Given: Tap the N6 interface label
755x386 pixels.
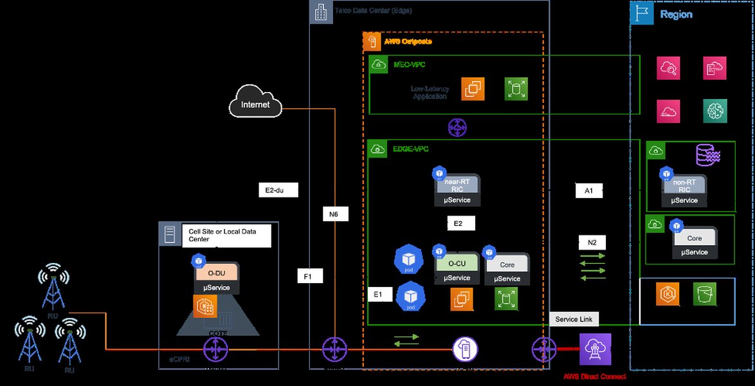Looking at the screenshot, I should pos(334,214).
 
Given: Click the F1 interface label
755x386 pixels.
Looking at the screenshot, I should pos(309,276).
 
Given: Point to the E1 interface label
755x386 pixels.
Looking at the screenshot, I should pos(379,294).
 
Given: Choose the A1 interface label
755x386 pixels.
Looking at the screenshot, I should pos(588,190).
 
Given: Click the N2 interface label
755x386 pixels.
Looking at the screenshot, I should pos(592,243).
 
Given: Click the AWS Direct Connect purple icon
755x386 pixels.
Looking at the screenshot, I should pos(595,350).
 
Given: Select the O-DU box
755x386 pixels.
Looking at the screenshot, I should pos(217,272).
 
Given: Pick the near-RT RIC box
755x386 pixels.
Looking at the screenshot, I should pos(457,185).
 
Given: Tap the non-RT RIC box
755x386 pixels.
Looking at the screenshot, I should pos(684,186).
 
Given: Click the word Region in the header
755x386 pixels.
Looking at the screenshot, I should pos(676,14).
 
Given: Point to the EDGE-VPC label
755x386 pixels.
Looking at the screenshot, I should pos(411,149).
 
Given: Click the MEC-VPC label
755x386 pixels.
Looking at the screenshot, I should pos(409,64).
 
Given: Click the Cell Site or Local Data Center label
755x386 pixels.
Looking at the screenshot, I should pos(226,235).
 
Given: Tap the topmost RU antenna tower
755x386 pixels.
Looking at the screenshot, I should pos(53,286).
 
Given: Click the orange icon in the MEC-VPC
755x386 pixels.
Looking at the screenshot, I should pos(473,89).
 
